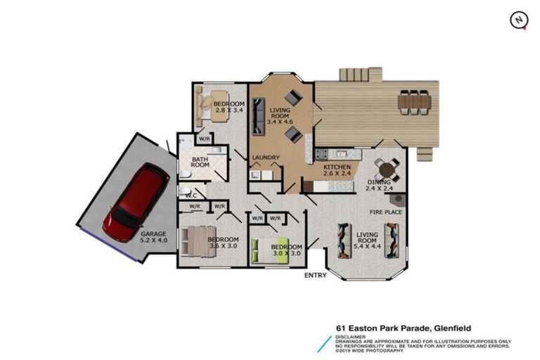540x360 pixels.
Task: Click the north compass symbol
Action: click(x=519, y=20)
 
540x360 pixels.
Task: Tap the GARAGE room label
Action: click(x=153, y=234)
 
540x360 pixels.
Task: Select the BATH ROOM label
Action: click(x=201, y=162)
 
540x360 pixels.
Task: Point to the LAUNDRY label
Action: click(x=266, y=157)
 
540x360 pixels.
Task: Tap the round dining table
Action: click(x=387, y=169)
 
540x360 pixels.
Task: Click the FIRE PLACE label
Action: click(x=386, y=211)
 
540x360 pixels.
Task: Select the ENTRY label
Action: click(x=315, y=275)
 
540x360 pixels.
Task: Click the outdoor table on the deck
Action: click(x=414, y=101)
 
